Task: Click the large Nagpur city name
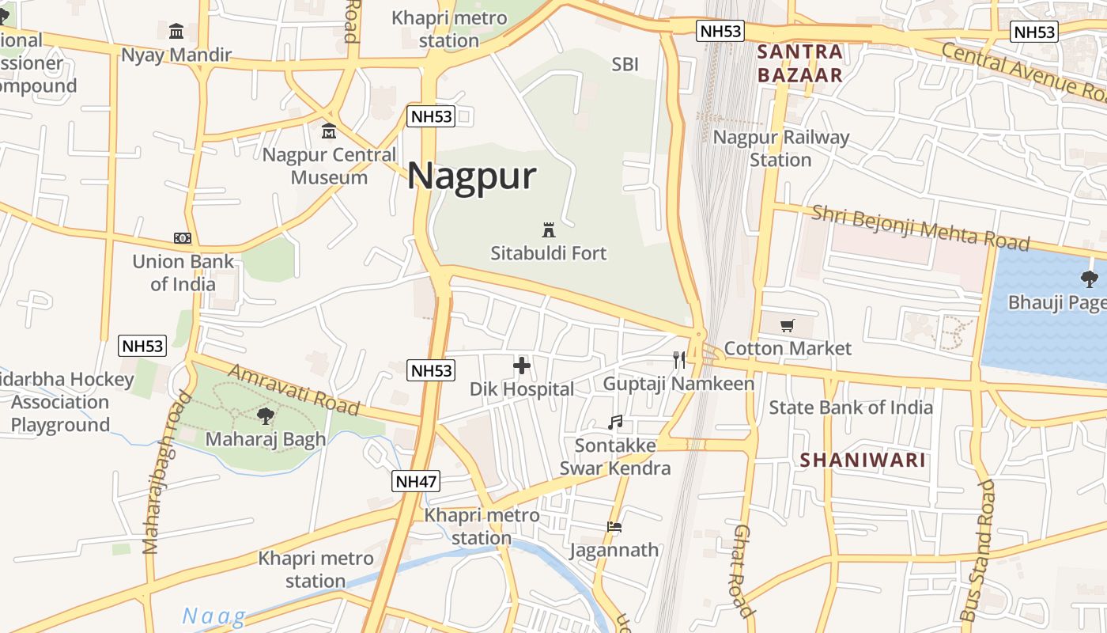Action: click(x=472, y=176)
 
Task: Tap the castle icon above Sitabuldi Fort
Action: click(x=548, y=230)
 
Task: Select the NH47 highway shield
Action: click(x=416, y=481)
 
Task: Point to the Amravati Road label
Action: click(x=293, y=390)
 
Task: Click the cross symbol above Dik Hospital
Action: click(x=522, y=366)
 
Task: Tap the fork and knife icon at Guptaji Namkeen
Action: click(x=679, y=360)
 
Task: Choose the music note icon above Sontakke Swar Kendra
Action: click(x=615, y=423)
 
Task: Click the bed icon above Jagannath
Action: click(x=614, y=526)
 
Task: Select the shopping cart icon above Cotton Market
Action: click(x=787, y=325)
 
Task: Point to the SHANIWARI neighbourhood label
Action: click(x=863, y=460)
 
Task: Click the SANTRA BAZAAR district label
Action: click(x=800, y=64)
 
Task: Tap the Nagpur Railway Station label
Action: click(x=781, y=149)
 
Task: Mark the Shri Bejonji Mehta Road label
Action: click(x=920, y=227)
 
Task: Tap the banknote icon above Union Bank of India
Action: click(x=183, y=238)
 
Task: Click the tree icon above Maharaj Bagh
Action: click(x=266, y=415)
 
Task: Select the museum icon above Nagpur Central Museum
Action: click(x=329, y=131)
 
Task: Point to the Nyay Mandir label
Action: click(x=176, y=55)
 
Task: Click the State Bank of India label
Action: click(x=851, y=407)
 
